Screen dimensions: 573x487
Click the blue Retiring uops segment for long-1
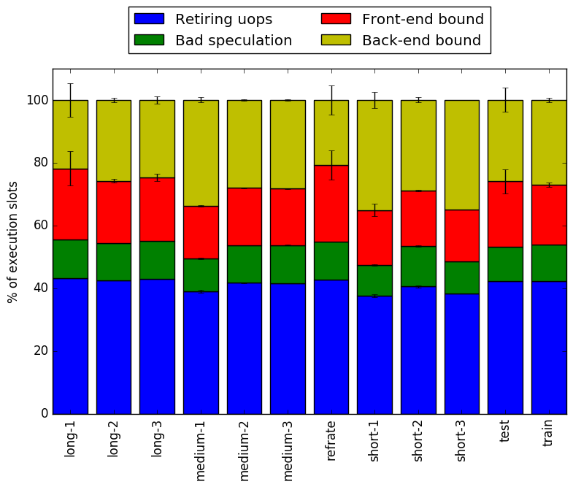71,346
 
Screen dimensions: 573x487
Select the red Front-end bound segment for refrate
331,204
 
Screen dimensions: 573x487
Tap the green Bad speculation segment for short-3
462,278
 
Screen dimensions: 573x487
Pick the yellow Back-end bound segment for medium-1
201,153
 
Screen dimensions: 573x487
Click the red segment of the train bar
549,215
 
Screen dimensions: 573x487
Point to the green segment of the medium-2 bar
245,264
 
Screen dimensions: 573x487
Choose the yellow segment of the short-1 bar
375,156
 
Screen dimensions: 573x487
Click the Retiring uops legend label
223,19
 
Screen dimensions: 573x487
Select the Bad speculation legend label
234,40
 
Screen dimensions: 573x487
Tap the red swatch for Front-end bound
336,19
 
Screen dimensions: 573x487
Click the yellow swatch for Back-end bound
336,40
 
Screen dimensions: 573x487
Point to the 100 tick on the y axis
53,100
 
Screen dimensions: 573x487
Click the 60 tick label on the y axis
41,226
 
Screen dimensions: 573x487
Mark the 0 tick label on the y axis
45,413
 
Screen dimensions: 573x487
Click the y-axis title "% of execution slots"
12,242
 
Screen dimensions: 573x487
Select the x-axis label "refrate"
331,440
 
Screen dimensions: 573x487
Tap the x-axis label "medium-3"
288,450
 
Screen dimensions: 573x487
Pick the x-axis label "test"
504,432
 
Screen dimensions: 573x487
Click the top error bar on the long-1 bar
71,100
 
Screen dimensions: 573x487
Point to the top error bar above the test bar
505,100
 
